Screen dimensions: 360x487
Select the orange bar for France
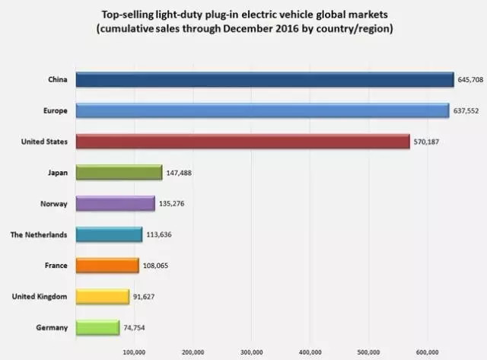pyautogui.click(x=107, y=265)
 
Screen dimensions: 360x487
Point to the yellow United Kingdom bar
pyautogui.click(x=102, y=296)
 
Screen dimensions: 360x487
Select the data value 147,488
pyautogui.click(x=180, y=173)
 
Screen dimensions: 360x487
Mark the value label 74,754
pyautogui.click(x=136, y=327)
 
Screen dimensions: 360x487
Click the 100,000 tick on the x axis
pyautogui.click(x=134, y=352)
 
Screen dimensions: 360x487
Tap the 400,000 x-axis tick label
pyautogui.click(x=310, y=352)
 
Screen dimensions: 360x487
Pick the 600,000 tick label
pyautogui.click(x=428, y=352)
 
